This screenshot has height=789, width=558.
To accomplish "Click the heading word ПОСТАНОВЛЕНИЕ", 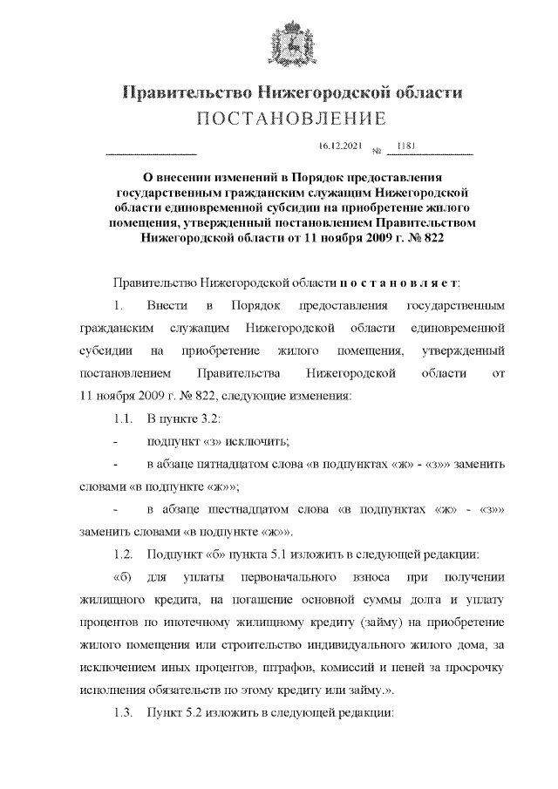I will (x=278, y=118).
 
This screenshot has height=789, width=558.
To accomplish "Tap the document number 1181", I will (x=405, y=145).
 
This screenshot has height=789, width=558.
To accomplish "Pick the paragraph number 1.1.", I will (x=125, y=418).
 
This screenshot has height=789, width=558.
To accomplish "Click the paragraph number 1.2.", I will (x=125, y=554).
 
